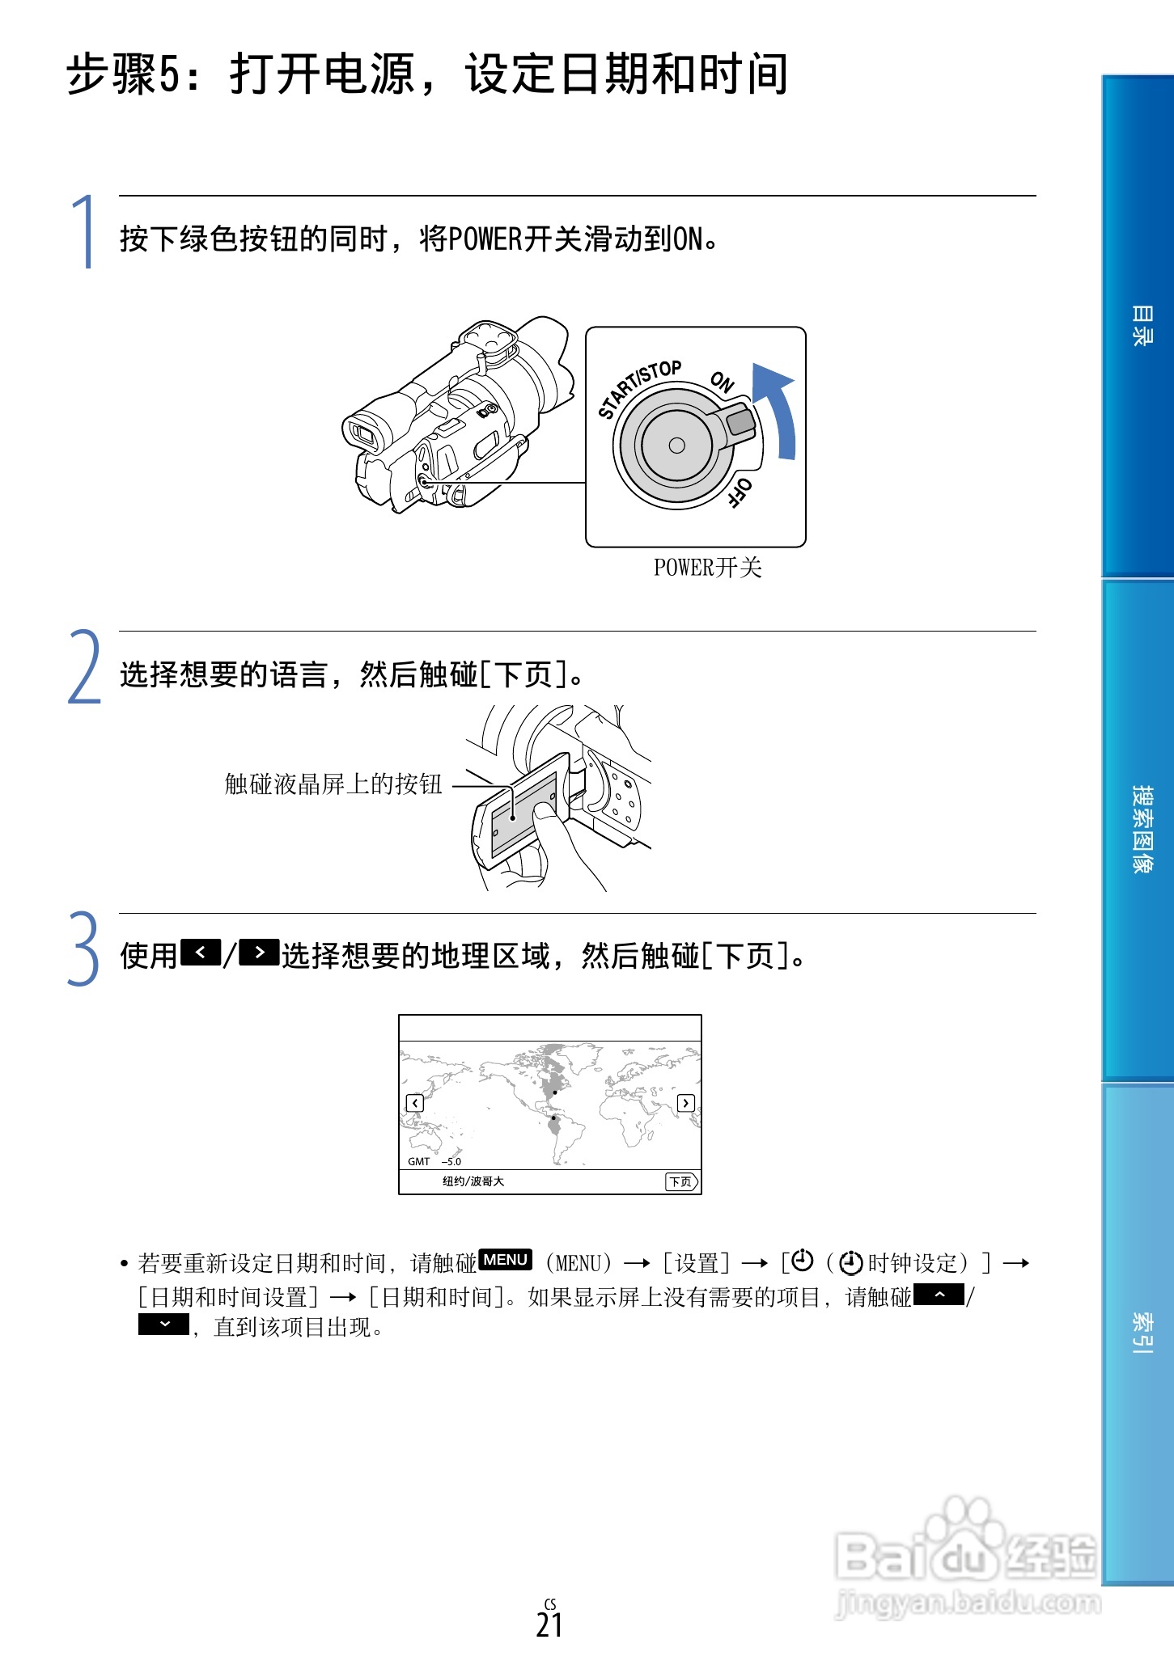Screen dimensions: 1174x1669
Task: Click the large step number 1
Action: (x=83, y=232)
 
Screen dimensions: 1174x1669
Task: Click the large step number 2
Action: (x=84, y=668)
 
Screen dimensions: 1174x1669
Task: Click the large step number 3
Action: (x=83, y=949)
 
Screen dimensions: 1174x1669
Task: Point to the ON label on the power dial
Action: (x=722, y=382)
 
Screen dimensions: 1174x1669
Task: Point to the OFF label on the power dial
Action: (x=740, y=492)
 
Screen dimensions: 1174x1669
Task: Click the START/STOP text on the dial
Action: (x=639, y=388)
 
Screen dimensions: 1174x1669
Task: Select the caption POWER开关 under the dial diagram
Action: (x=708, y=568)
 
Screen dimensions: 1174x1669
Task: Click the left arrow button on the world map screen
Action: (x=414, y=1103)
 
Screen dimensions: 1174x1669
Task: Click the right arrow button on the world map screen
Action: (x=685, y=1103)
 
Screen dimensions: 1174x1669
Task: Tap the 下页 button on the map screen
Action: (x=681, y=1181)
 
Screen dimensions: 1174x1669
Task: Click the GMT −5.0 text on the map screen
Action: (x=434, y=1161)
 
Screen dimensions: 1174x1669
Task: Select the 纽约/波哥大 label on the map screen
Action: (x=473, y=1181)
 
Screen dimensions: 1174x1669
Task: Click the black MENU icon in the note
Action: (x=506, y=1259)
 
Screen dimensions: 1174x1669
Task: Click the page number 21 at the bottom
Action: (x=549, y=1625)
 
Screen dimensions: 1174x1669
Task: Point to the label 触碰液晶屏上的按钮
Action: (x=333, y=784)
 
